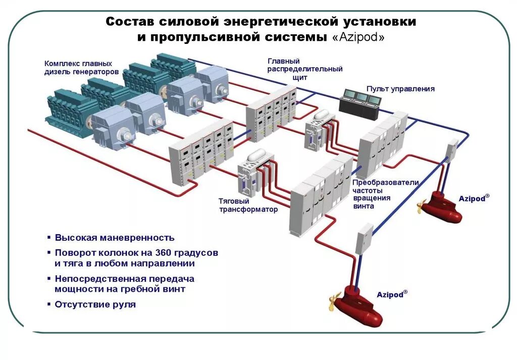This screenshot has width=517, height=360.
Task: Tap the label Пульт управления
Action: tap(400, 89)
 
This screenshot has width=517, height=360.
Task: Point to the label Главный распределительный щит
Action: tap(305, 69)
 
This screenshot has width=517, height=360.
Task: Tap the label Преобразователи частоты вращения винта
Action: tap(385, 194)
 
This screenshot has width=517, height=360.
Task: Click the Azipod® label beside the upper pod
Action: tap(474, 198)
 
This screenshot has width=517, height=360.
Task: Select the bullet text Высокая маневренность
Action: tap(115, 237)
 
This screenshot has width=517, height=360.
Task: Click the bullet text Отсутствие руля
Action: tap(95, 304)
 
